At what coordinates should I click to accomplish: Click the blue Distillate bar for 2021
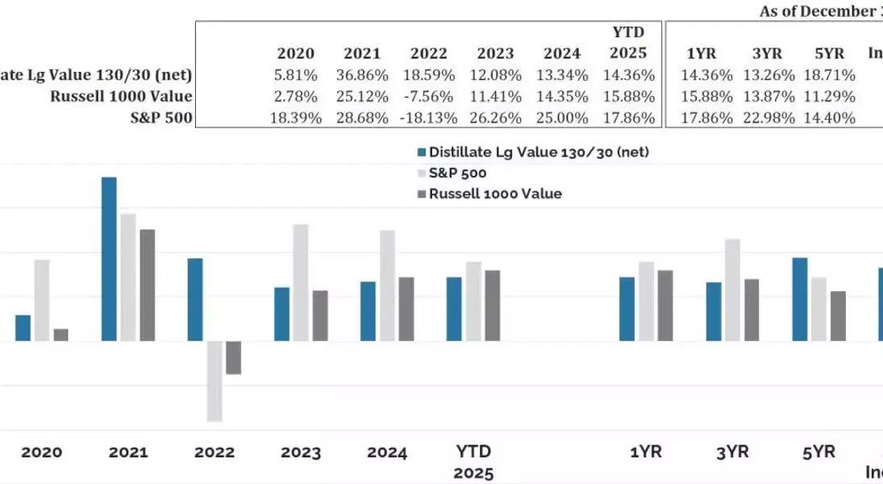[x=109, y=259]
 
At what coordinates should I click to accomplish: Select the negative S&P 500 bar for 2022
[x=215, y=381]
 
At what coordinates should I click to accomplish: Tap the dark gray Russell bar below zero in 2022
[x=234, y=357]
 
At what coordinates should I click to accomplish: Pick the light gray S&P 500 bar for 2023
[x=301, y=282]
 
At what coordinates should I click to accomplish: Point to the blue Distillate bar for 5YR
[x=800, y=299]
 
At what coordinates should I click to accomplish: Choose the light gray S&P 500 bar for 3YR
[x=732, y=290]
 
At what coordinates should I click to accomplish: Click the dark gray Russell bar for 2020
[x=61, y=335]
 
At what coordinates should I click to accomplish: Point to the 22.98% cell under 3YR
[x=769, y=117]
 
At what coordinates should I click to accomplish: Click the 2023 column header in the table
[x=495, y=54]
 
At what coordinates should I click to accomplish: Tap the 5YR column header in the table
[x=830, y=54]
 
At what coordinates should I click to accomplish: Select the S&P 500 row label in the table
[x=161, y=117]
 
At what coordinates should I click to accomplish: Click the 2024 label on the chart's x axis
[x=387, y=453]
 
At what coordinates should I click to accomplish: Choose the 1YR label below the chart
[x=646, y=453]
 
